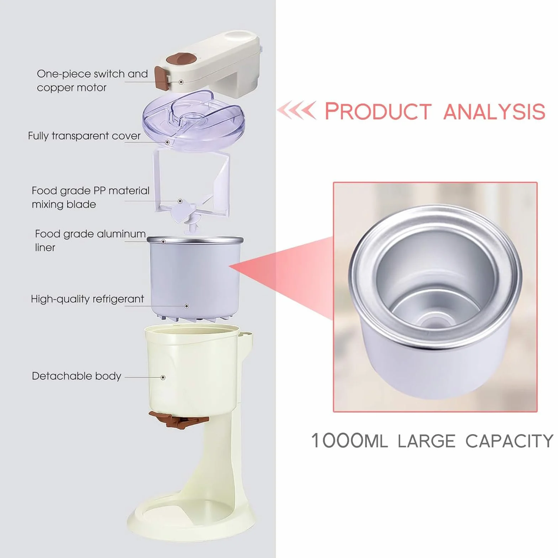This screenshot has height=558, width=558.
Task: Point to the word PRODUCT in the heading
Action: click(378, 111)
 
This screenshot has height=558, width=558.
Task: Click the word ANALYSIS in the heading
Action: click(494, 111)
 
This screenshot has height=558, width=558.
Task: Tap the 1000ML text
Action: click(349, 441)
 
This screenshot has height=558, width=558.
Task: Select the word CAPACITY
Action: click(509, 441)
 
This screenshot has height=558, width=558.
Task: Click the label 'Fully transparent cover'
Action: click(84, 136)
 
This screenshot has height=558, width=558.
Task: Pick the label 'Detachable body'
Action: click(77, 376)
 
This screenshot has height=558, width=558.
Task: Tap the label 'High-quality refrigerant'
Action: click(88, 299)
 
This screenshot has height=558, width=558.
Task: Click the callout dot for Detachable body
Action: click(163, 377)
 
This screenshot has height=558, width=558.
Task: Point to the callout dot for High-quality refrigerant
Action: click(186, 306)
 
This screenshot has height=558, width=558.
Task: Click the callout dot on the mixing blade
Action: click(180, 201)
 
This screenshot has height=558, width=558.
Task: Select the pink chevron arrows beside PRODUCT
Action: click(296, 110)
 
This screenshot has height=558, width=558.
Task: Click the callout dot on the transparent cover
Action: click(167, 142)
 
